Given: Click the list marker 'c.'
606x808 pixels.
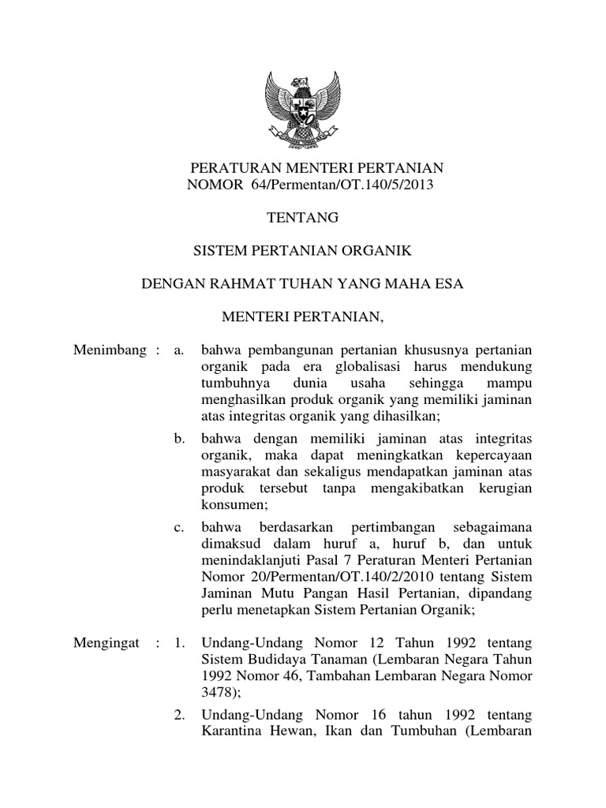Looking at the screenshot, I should click(179, 526).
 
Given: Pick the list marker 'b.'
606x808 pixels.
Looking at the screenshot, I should click(179, 438).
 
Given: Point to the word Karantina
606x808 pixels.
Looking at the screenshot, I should click(231, 731).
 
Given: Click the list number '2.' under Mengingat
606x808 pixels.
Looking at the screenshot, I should click(179, 715).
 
